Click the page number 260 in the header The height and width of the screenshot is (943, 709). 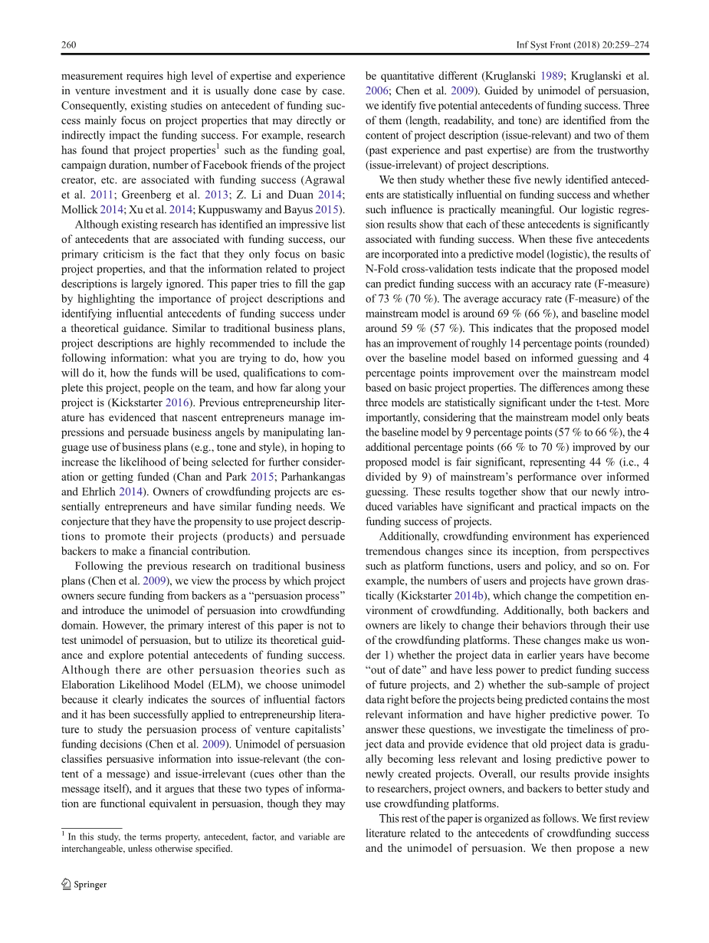68,45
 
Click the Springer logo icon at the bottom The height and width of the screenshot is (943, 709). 66,884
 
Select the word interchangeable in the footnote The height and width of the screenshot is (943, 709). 97,849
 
